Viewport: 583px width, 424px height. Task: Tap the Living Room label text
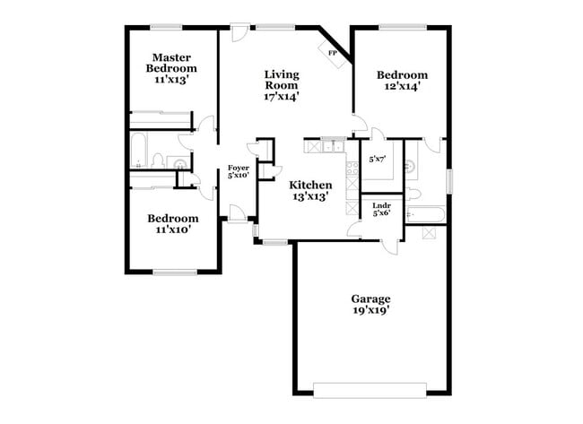point(281,80)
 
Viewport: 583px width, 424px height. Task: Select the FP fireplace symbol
point(332,54)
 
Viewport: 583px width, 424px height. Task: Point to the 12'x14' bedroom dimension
point(401,88)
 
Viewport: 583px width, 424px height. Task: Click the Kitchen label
point(309,185)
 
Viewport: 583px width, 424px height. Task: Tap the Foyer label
point(238,168)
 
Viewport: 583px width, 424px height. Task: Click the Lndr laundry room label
point(381,206)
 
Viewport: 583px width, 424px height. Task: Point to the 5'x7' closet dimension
point(378,160)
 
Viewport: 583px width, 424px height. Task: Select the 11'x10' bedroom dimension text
point(172,230)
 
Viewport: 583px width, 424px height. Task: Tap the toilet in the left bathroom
point(159,161)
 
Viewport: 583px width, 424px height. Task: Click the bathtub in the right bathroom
point(422,214)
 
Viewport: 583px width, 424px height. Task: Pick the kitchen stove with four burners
point(349,169)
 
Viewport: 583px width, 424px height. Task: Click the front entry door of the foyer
point(239,213)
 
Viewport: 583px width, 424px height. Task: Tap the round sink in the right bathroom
point(412,165)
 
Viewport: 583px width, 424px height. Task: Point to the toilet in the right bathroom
point(413,195)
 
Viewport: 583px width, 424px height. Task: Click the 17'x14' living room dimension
point(281,96)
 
